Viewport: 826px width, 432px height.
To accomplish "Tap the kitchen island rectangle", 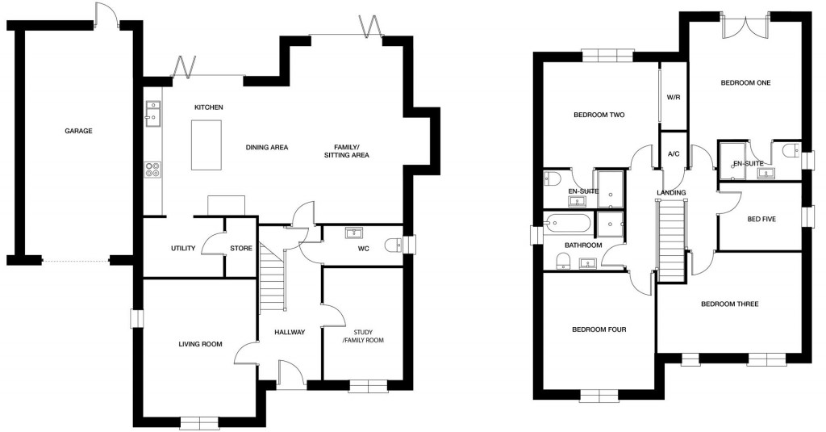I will [206, 145].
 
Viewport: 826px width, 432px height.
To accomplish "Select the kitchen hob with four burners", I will [152, 170].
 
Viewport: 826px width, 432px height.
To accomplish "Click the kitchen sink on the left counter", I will [151, 114].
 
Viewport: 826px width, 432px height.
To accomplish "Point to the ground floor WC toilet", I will [393, 246].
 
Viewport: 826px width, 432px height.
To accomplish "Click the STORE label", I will [241, 248].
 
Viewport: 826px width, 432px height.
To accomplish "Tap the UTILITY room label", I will [183, 248].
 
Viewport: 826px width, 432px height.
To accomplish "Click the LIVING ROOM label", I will [200, 345].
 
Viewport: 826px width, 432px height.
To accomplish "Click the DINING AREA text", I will [267, 147].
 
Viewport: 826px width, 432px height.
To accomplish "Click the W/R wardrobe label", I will [674, 97].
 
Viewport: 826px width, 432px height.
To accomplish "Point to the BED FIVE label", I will [761, 218].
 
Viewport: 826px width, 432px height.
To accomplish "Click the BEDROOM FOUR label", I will [599, 329].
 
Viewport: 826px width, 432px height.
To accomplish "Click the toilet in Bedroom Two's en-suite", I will [552, 178].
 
